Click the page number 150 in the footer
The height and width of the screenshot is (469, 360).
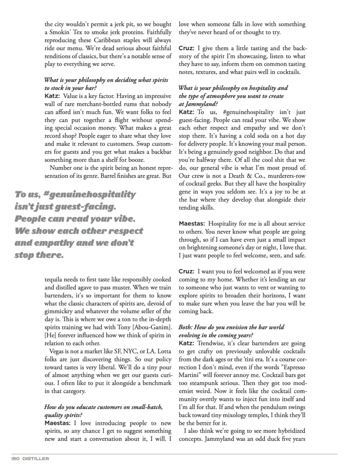coord(16,458)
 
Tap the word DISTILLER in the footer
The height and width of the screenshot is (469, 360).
coord(36,458)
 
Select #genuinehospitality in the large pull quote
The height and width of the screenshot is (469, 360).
coord(90,194)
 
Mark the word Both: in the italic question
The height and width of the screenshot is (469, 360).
coord(186,327)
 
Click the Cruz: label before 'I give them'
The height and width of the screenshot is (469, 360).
coord(186,48)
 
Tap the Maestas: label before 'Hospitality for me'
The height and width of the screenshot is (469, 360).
coord(192,224)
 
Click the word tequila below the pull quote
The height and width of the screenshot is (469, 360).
coord(54,279)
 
